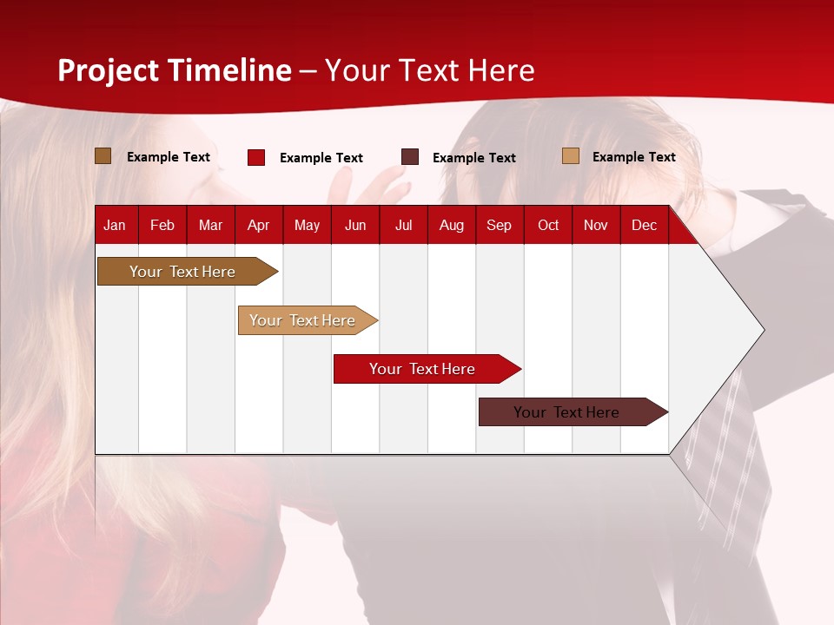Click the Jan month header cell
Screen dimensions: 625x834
coord(115,225)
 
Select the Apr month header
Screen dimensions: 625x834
coord(258,225)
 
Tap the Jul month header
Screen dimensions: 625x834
coord(403,225)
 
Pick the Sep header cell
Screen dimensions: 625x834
coord(499,225)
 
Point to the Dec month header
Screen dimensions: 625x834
coord(644,225)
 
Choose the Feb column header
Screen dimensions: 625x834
coord(162,225)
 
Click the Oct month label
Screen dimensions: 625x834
coord(548,225)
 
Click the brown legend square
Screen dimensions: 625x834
coord(103,156)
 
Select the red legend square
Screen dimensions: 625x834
coord(256,157)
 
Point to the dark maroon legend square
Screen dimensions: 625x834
coord(410,157)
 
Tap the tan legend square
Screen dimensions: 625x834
coord(571,156)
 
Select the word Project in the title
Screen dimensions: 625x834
coord(109,70)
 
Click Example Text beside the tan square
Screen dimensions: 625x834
coord(633,157)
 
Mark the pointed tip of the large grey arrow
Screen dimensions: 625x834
coord(762,330)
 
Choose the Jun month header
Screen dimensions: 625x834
coord(355,225)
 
